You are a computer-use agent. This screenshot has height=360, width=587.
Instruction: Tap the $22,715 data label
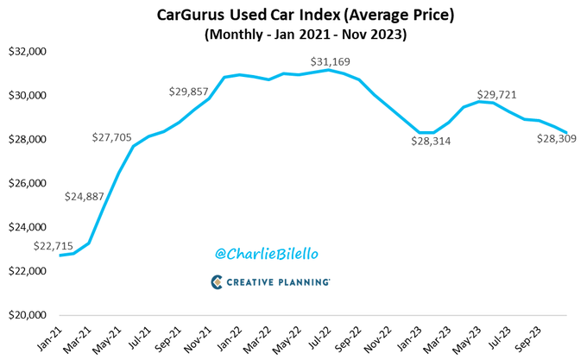point(53,245)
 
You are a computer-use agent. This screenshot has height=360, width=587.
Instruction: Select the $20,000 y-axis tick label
point(28,315)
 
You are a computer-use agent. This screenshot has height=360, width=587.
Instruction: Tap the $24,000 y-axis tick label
point(28,228)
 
